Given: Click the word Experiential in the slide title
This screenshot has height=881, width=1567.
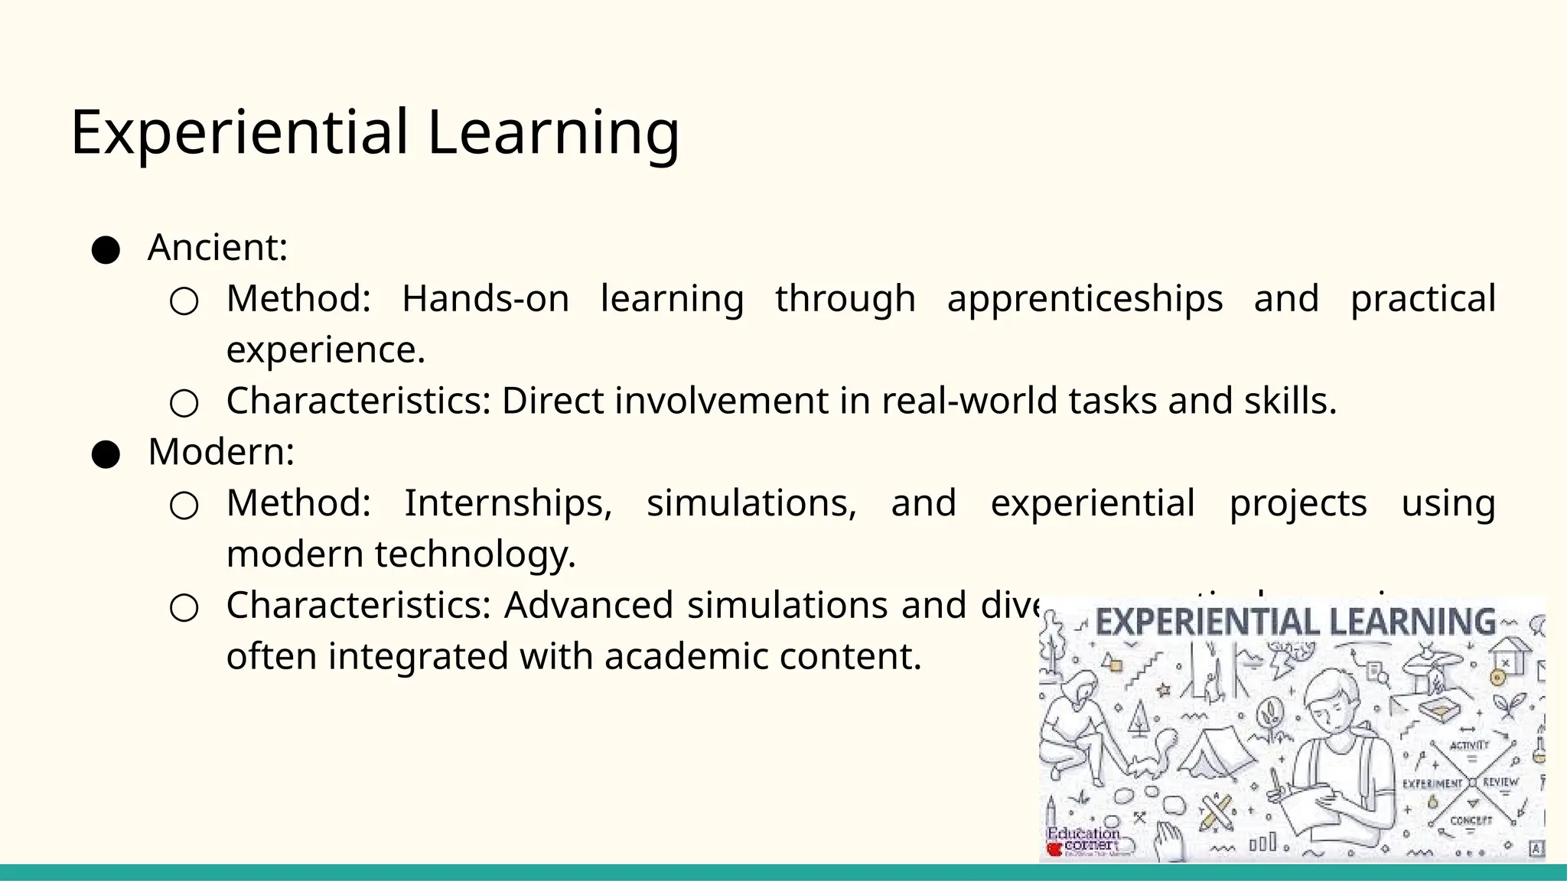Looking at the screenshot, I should (239, 132).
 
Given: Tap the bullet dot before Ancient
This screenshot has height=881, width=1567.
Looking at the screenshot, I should (106, 250).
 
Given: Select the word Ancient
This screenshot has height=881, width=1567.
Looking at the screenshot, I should (217, 248).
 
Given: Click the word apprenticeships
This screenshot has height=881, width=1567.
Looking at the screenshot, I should (1084, 299).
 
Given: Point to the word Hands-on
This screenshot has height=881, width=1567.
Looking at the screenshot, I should (485, 299).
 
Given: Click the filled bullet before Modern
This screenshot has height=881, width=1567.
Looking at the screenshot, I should (106, 454).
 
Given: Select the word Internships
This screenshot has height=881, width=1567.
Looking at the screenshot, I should (508, 503).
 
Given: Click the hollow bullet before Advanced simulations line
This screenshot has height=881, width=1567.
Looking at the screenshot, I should (184, 608).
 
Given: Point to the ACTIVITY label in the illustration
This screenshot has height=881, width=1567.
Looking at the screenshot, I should (1469, 744).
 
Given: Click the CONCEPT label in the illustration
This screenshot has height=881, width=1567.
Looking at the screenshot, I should (1471, 821).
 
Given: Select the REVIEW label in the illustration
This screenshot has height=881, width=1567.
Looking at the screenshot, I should (1500, 782).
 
